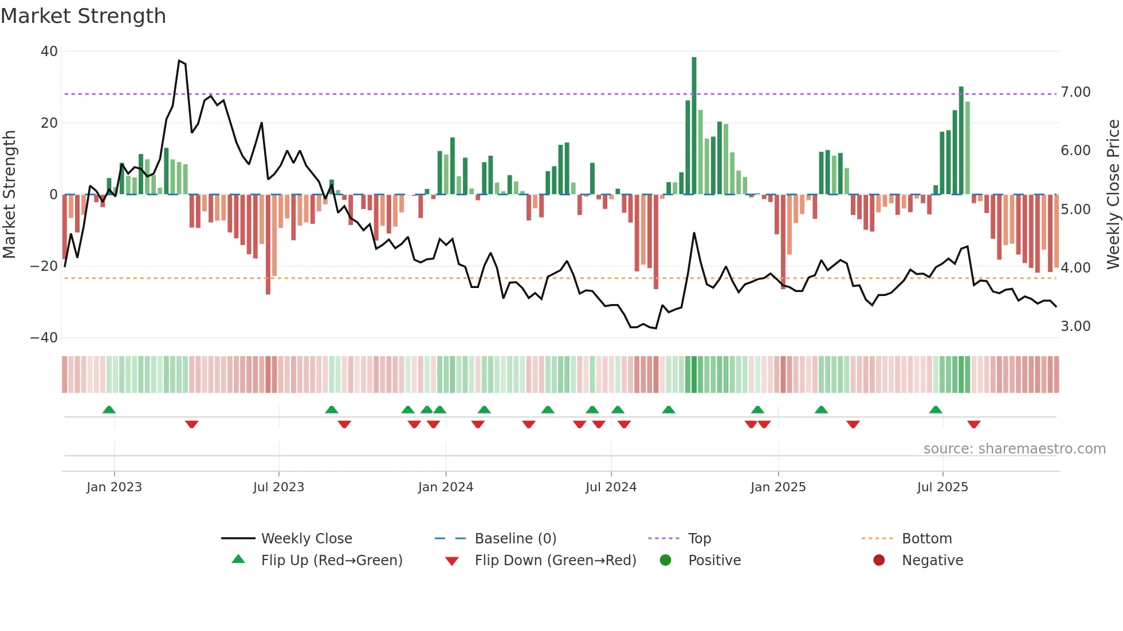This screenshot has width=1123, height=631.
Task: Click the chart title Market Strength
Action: point(83,16)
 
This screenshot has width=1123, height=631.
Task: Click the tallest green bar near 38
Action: point(694,126)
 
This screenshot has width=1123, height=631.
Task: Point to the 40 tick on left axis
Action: point(49,52)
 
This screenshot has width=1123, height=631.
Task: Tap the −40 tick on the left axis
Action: point(44,338)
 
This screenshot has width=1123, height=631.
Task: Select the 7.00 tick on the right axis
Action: point(1075,92)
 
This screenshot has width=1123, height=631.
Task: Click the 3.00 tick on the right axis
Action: point(1075,326)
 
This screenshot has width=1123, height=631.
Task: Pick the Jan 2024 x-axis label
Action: point(446,487)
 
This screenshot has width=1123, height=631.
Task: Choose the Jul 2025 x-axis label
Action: point(943,487)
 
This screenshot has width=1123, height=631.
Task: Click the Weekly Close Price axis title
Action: point(1113,195)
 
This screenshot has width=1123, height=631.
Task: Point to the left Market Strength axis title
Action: point(9,195)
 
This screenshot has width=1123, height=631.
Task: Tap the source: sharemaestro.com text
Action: point(1014,449)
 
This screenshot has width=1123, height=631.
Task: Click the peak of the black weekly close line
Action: point(179,61)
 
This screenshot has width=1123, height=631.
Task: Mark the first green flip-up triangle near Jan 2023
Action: point(109,409)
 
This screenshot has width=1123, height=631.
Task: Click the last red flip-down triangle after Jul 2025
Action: point(974,424)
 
